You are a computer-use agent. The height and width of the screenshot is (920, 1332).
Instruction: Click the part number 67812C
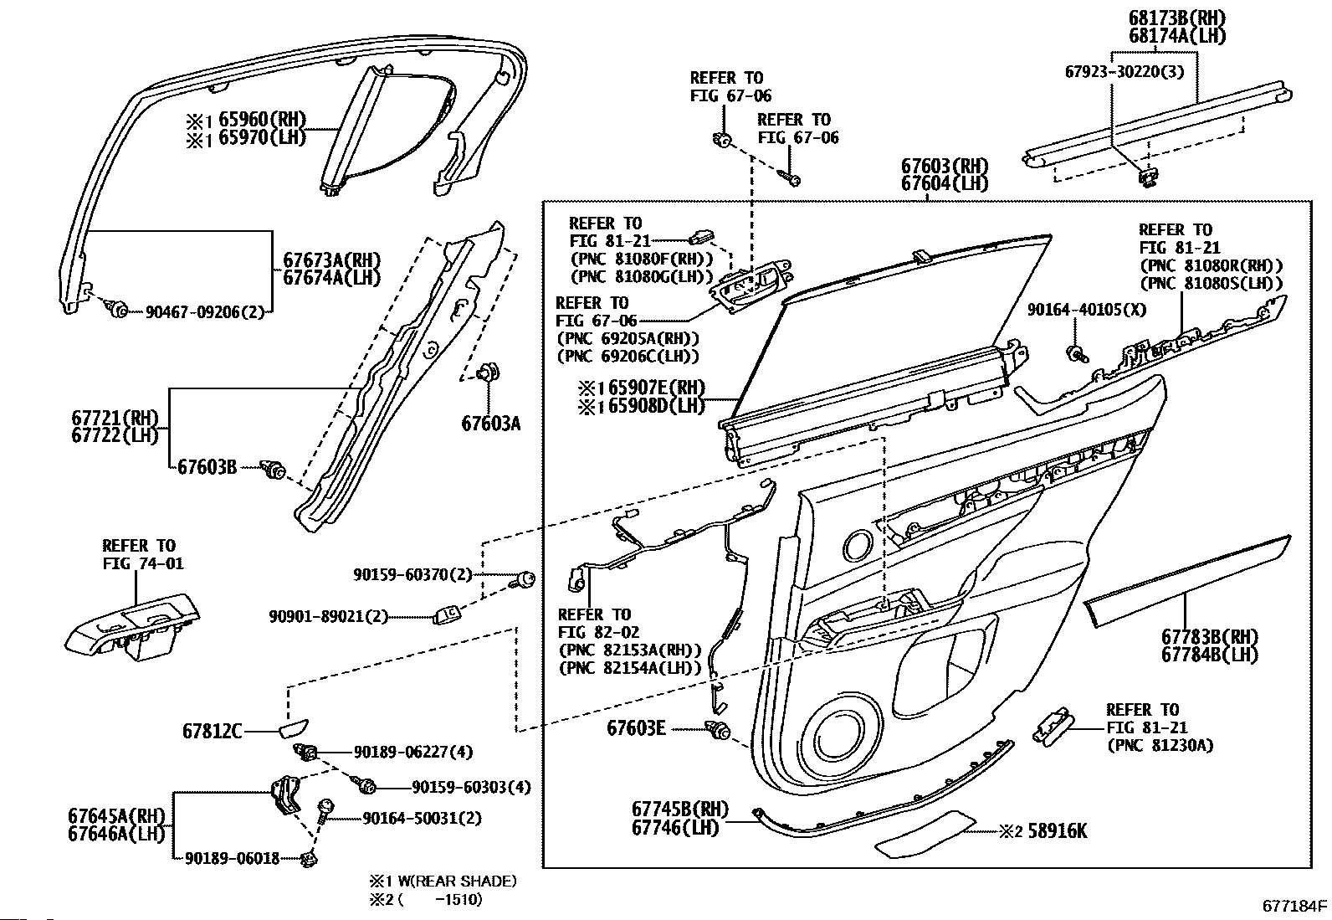213,731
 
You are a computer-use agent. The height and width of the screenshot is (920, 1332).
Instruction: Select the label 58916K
1058,830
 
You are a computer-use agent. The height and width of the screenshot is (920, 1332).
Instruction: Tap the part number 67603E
636,727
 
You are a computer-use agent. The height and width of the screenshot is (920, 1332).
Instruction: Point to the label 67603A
491,424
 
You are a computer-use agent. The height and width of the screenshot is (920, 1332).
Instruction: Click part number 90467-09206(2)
204,311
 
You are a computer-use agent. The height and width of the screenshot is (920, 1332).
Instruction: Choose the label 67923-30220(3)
1125,72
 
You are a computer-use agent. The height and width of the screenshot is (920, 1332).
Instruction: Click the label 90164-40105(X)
1087,310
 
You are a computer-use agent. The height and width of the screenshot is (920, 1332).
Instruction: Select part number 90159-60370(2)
412,574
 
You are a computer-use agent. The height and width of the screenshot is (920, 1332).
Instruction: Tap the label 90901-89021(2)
328,616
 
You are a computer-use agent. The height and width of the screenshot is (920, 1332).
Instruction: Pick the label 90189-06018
232,858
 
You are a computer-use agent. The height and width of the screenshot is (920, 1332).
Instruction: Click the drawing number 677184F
1294,906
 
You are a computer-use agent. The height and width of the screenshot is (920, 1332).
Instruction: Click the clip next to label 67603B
274,470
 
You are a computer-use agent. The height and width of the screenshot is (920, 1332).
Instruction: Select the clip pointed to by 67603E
718,729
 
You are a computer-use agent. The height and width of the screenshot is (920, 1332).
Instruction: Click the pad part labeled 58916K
925,833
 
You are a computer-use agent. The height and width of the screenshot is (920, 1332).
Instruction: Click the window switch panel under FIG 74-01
132,627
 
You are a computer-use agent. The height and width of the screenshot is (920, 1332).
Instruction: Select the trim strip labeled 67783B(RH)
1186,580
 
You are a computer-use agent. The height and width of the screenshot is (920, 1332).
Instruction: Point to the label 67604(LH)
945,183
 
